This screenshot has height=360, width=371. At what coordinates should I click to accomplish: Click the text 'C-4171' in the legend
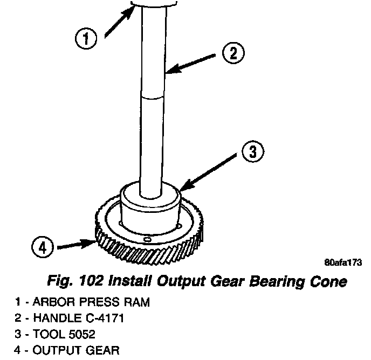(106, 318)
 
